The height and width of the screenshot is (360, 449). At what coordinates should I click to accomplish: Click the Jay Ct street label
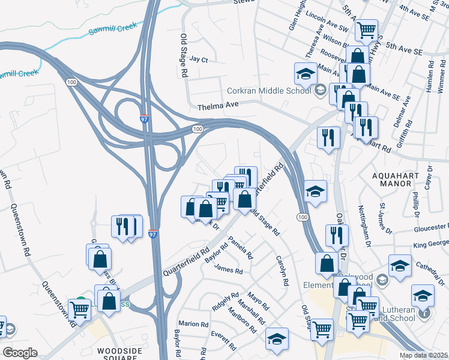198,60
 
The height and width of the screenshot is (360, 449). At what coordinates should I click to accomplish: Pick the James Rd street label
228,271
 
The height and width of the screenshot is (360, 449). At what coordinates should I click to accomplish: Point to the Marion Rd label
193,324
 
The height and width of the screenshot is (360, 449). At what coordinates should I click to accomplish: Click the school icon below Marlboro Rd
277,338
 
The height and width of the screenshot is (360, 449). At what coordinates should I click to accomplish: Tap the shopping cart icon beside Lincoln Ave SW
366,29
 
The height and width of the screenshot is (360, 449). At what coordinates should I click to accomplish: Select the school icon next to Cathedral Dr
400,265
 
